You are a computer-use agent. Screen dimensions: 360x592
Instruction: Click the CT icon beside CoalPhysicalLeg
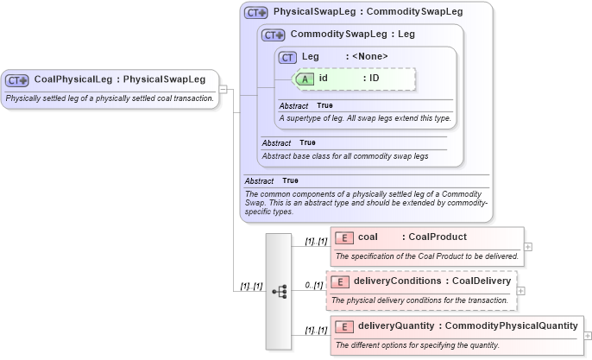[17, 80]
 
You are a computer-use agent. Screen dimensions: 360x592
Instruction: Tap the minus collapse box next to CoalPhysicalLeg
[223, 88]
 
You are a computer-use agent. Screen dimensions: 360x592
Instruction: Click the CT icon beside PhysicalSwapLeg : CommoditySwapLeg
[256, 13]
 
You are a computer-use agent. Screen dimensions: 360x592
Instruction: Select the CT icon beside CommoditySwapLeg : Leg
[274, 35]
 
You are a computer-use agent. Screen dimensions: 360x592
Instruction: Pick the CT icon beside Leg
[288, 57]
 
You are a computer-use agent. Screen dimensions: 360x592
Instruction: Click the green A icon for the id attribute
[305, 79]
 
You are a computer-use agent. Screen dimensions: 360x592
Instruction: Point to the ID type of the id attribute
[375, 79]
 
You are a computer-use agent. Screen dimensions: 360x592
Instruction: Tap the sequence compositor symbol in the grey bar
[279, 292]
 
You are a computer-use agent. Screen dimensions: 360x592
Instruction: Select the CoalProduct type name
[438, 237]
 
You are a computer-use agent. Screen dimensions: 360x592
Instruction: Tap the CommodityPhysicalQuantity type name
[511, 326]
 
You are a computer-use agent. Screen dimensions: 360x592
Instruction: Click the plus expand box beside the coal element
[528, 247]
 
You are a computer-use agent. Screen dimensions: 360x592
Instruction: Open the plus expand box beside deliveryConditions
[521, 291]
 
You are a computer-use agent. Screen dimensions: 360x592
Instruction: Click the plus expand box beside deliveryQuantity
[588, 336]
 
